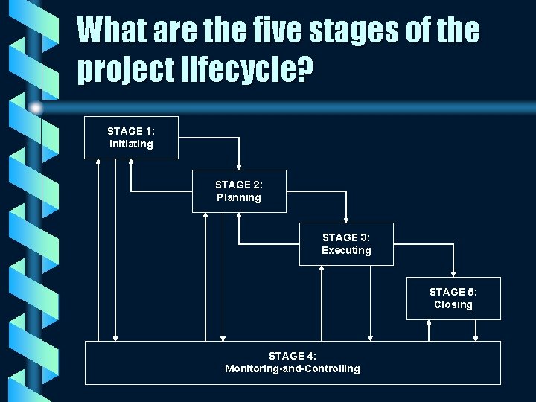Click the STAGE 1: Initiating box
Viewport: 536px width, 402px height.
tap(131, 138)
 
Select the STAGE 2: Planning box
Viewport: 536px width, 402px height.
tap(239, 191)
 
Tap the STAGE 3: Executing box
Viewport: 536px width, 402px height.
tap(346, 244)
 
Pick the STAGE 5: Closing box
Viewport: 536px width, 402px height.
tap(453, 299)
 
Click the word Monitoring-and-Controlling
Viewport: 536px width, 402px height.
tap(293, 368)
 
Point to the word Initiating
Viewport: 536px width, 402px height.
tap(131, 144)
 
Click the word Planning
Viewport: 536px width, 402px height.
tap(239, 198)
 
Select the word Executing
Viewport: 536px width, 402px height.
tap(346, 251)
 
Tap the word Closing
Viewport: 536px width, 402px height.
tap(453, 305)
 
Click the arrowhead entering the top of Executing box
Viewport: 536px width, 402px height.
tap(346, 220)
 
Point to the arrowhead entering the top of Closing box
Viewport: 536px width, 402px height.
tap(453, 274)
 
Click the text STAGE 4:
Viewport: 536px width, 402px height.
tap(293, 356)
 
